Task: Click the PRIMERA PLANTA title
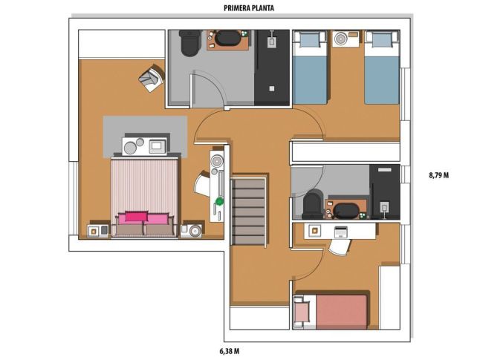[x=249, y=8]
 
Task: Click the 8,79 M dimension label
[x=439, y=175]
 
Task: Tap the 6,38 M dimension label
[x=230, y=351]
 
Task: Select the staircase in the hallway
[x=248, y=212]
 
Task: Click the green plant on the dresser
[x=219, y=201]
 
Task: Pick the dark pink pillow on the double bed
[x=136, y=216]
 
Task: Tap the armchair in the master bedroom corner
[x=151, y=78]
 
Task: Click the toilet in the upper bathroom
[x=189, y=43]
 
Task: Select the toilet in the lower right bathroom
[x=313, y=204]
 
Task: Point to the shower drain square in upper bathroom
[x=271, y=88]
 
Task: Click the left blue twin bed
[x=310, y=67]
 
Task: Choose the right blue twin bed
[x=382, y=67]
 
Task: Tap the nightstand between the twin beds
[x=346, y=39]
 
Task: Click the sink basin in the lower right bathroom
[x=346, y=211]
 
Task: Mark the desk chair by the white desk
[x=340, y=246]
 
